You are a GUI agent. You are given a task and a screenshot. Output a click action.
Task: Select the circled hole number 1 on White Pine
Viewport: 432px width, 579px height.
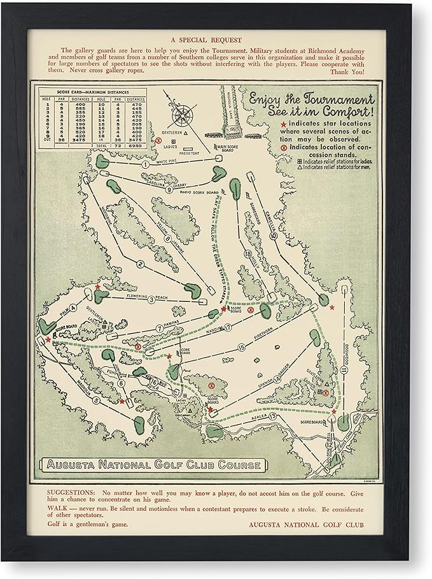[146, 164]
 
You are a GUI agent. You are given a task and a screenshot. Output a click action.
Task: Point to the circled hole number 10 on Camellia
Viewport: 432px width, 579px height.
[273, 235]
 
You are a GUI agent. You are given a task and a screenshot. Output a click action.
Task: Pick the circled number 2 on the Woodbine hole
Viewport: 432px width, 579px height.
[139, 264]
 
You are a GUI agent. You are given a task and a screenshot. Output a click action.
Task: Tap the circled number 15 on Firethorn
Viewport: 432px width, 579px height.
[242, 347]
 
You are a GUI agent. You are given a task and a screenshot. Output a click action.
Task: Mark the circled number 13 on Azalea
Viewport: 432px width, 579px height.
[273, 417]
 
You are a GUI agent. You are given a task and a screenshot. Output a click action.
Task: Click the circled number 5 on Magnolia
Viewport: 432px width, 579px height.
[97, 400]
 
